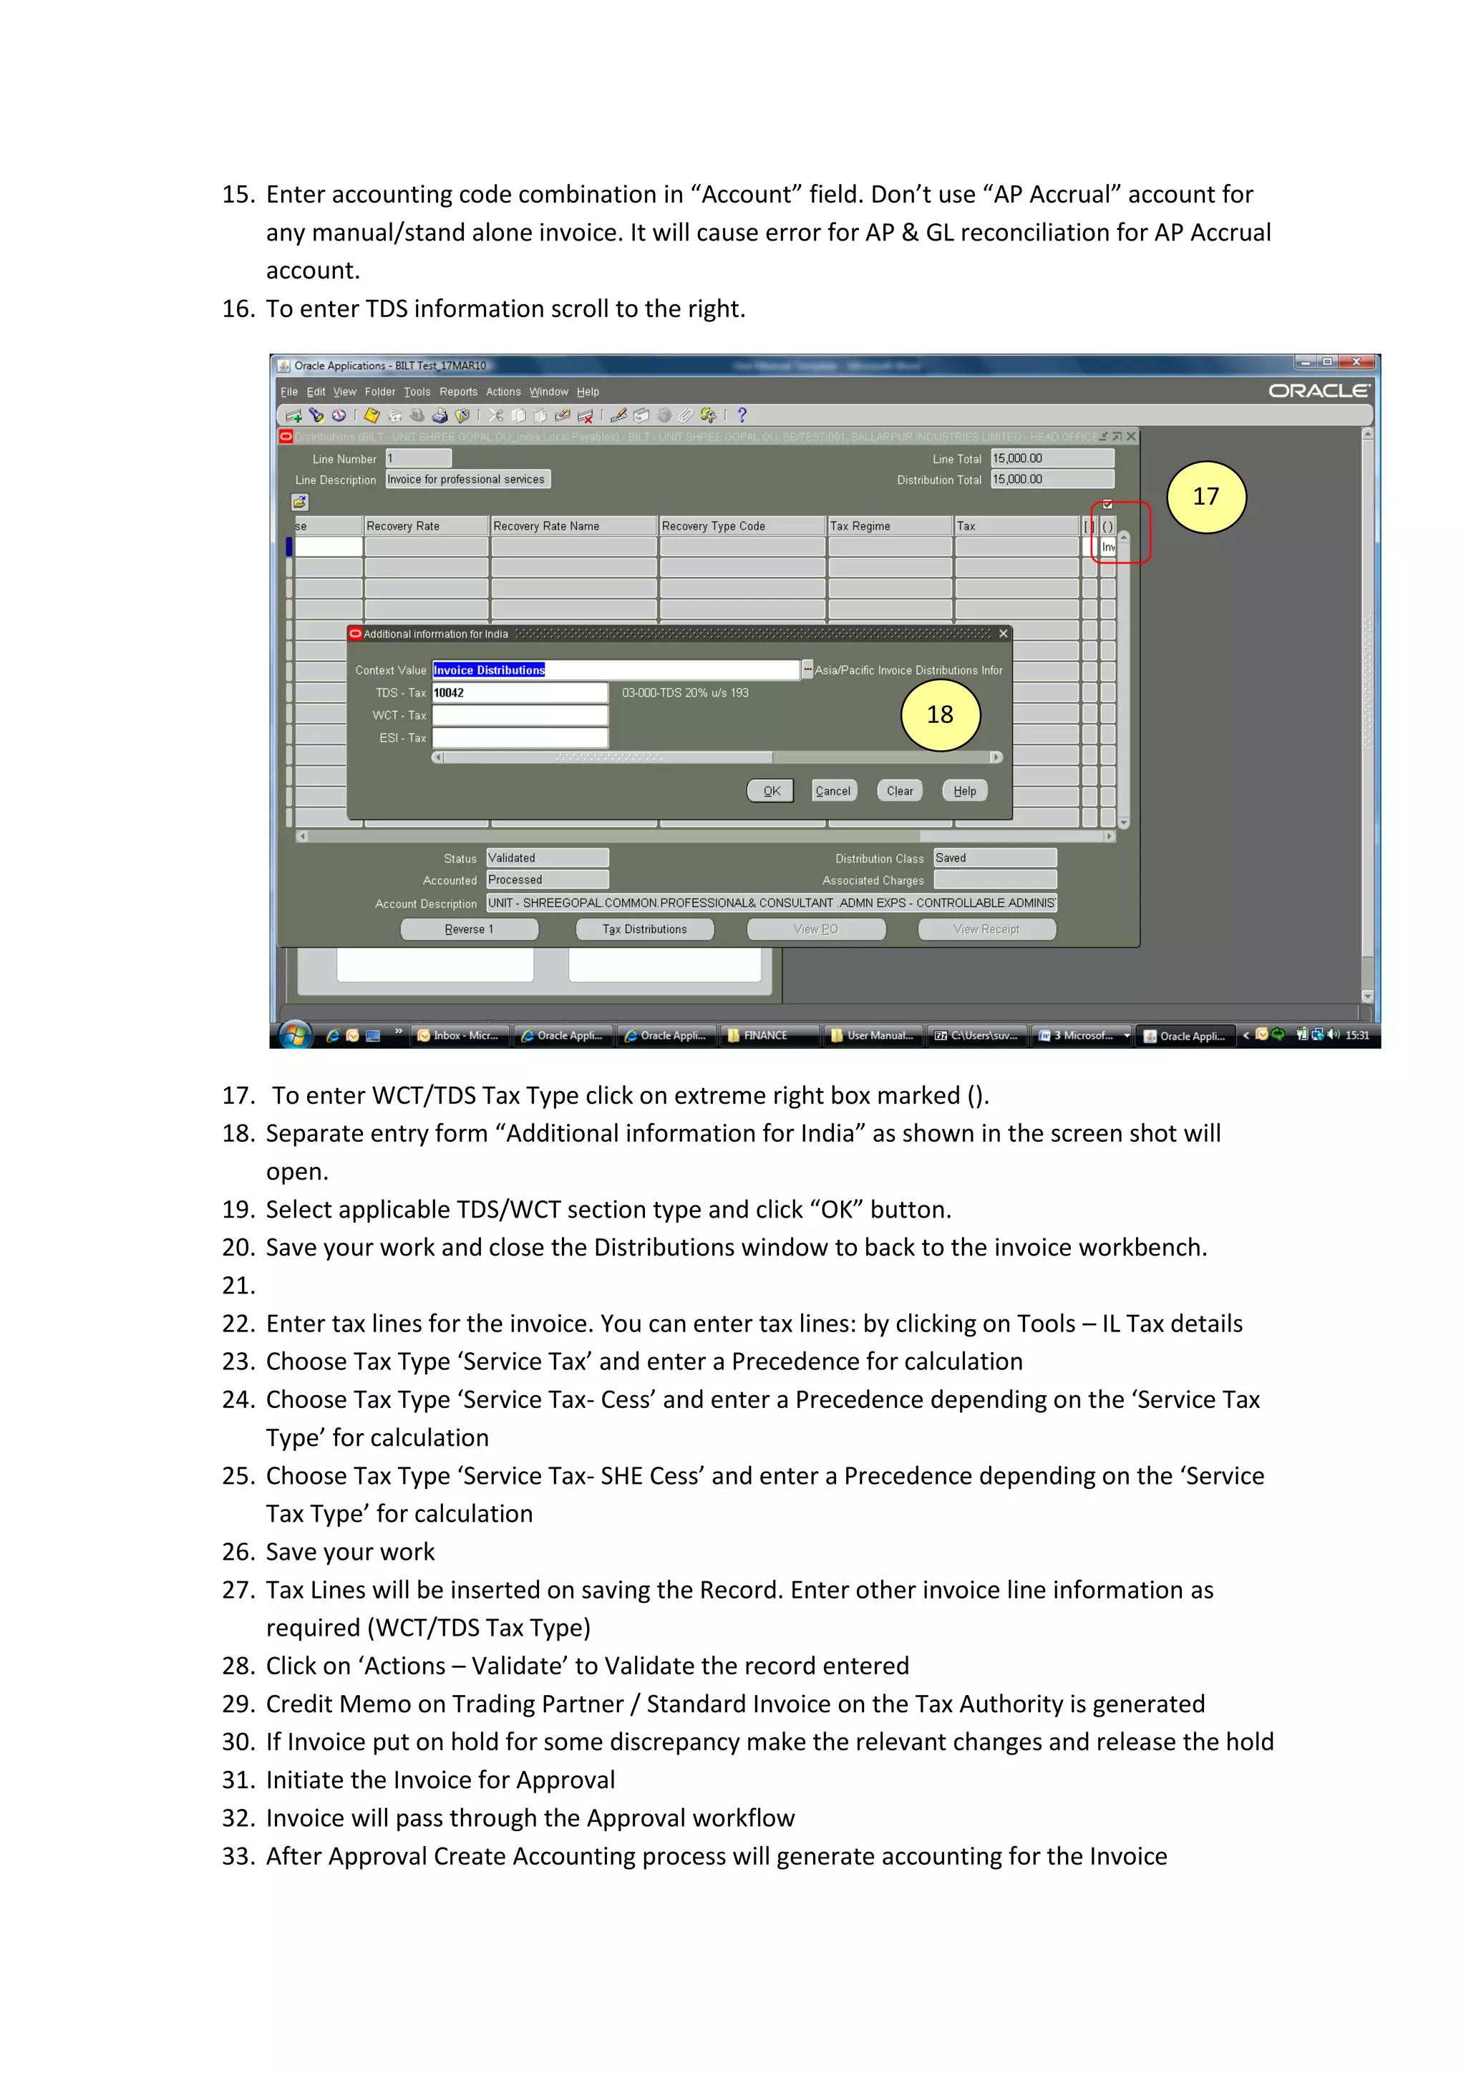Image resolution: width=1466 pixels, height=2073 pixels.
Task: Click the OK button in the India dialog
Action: (x=771, y=791)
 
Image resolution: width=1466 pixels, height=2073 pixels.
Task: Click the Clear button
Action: (x=899, y=791)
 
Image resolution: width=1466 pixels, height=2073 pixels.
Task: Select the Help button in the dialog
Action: (x=964, y=791)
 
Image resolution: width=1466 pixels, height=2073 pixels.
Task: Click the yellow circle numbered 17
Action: (x=1206, y=497)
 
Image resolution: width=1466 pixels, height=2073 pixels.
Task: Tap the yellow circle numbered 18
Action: (x=940, y=715)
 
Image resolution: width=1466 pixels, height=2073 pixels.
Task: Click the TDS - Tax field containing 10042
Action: (x=519, y=692)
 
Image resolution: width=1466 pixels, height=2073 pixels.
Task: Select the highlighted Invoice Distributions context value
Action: (x=490, y=670)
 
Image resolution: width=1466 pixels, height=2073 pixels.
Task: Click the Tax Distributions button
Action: (x=644, y=929)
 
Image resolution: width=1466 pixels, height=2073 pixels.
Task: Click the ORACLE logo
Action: (x=1319, y=391)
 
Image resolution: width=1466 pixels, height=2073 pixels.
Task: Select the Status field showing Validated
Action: (x=547, y=858)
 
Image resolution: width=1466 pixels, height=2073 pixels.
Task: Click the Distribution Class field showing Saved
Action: (x=995, y=858)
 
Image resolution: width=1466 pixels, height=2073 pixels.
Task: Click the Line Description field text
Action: (x=467, y=480)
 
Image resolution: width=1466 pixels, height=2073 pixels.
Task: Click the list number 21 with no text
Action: (x=238, y=1286)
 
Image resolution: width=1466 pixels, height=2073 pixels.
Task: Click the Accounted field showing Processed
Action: (x=547, y=880)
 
